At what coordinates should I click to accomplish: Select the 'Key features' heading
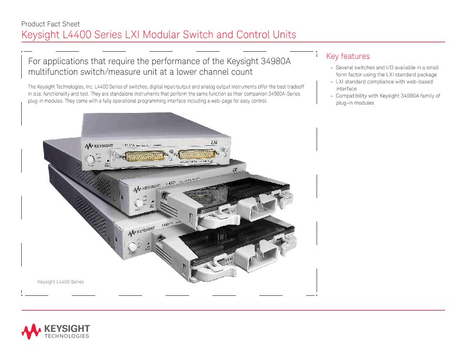click(348, 56)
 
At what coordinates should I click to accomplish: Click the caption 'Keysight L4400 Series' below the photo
click(61, 282)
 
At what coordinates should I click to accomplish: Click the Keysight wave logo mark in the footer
click(31, 331)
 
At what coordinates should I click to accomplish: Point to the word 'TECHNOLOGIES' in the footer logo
click(66, 337)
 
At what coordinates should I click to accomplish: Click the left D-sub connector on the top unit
click(139, 156)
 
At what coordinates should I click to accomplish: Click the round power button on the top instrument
click(90, 159)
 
